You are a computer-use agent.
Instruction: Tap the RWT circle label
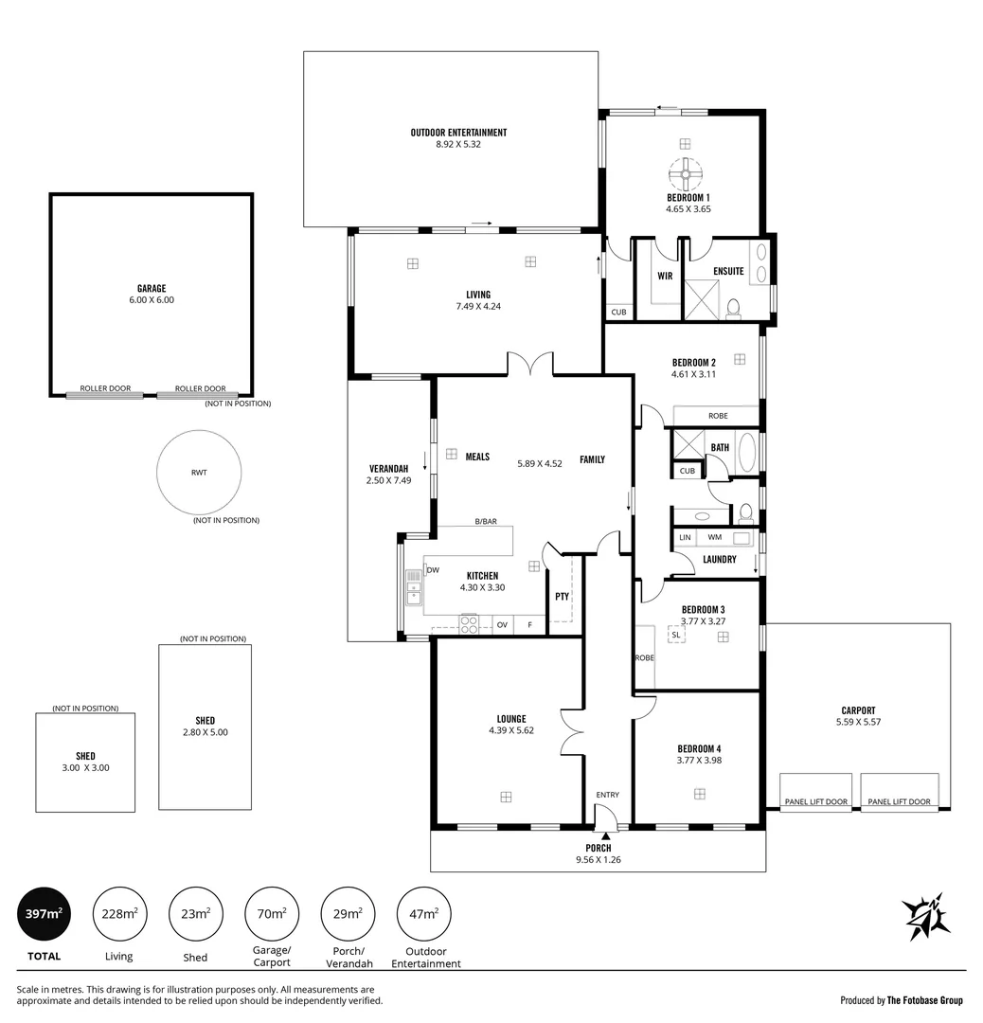pyautogui.click(x=198, y=472)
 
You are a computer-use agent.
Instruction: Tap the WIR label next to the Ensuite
pyautogui.click(x=665, y=277)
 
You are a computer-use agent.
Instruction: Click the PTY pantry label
pyautogui.click(x=562, y=597)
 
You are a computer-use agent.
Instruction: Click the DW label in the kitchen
pyautogui.click(x=433, y=570)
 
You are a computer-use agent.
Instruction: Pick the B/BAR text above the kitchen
pyautogui.click(x=486, y=522)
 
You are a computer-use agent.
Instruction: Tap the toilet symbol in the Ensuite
pyautogui.click(x=733, y=309)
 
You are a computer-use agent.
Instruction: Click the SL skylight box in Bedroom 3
pyautogui.click(x=675, y=635)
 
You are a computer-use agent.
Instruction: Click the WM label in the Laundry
pyautogui.click(x=714, y=538)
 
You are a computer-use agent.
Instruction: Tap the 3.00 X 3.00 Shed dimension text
pyautogui.click(x=85, y=768)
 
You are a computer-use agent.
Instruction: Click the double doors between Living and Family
pyautogui.click(x=531, y=364)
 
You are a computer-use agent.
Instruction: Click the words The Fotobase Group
pyautogui.click(x=924, y=1000)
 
